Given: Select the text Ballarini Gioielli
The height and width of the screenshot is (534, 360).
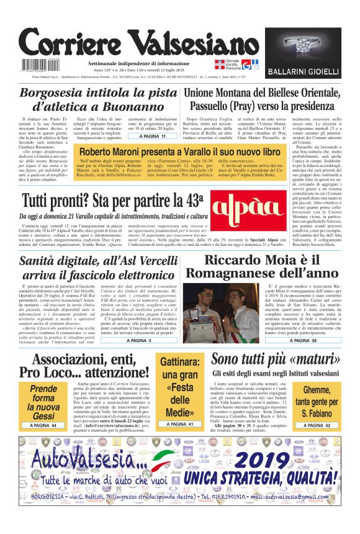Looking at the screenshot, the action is point(302,73).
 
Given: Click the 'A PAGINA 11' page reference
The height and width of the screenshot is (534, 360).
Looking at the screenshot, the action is point(152,136).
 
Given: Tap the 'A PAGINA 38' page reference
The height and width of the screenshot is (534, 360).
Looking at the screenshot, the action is point(314,340).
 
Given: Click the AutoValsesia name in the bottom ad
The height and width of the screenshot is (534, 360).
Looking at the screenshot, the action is point(93,462).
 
